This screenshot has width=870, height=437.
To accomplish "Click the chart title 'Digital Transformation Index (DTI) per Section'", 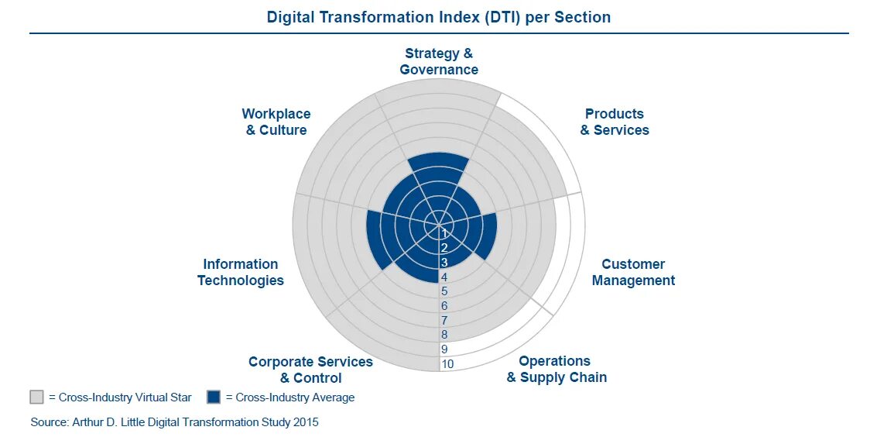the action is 439,17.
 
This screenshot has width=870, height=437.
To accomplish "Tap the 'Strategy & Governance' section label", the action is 439,61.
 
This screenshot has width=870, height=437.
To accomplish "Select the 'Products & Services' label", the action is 615,122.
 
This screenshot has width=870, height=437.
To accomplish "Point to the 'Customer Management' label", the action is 633,272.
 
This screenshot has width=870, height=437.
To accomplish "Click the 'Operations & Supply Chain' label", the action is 557,369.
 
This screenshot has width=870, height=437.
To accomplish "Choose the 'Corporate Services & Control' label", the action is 310,370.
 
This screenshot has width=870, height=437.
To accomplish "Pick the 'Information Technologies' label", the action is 240,272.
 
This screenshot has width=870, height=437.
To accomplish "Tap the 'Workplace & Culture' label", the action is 276,122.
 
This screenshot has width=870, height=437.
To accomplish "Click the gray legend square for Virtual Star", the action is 36,397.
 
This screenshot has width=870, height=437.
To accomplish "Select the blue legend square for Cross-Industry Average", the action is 214,397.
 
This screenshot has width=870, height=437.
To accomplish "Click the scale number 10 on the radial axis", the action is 447,364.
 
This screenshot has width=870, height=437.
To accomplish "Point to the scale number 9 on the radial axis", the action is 444,349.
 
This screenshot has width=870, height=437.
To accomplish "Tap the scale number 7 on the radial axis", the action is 444,320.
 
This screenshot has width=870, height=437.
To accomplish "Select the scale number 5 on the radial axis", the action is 444,291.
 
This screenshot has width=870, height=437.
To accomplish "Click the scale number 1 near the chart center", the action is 444,233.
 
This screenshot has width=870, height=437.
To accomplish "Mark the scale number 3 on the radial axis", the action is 444,262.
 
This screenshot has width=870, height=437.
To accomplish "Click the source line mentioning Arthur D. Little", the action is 174,422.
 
